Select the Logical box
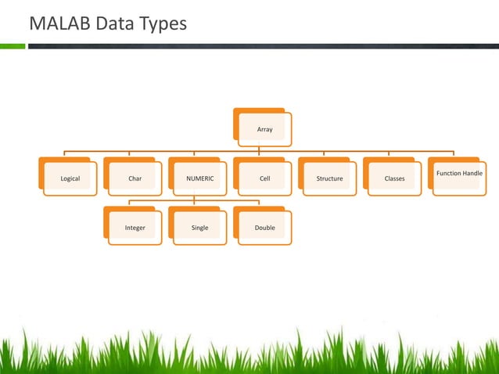tap(70, 178)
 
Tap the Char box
tap(135, 178)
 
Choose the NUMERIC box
tap(199, 178)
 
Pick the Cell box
tap(264, 178)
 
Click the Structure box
tap(329, 178)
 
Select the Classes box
tap(394, 178)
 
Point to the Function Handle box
tap(459, 174)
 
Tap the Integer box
tap(135, 228)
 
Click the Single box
tap(199, 228)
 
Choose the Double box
tap(264, 228)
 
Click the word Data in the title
tap(116, 25)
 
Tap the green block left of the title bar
tap(13, 46)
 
